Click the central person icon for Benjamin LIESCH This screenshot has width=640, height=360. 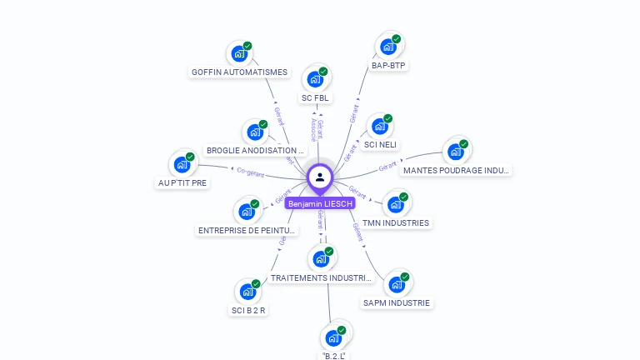[320, 177]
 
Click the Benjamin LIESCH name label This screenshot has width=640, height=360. [320, 203]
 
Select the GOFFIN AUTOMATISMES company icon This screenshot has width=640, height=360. [239, 54]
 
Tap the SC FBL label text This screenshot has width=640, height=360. [316, 98]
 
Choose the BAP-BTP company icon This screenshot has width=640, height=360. [388, 47]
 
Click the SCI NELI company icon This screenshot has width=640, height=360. [380, 127]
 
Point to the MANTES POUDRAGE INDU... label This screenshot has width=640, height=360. [455, 171]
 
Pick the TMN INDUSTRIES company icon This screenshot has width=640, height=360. [395, 204]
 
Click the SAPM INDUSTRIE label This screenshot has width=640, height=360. [397, 303]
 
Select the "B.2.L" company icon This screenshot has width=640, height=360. [333, 338]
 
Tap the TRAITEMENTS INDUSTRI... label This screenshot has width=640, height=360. [321, 277]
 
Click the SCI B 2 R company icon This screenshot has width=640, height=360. [247, 292]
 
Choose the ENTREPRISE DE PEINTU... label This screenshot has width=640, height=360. [247, 231]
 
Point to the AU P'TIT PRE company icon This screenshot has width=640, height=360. [182, 165]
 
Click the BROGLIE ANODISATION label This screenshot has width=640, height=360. [251, 151]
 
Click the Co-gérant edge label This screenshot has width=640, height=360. [250, 172]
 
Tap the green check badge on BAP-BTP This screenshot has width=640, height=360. [397, 38]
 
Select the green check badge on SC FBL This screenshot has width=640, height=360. [323, 71]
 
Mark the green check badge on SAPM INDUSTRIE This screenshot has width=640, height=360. [405, 277]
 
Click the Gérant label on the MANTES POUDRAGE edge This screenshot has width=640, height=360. [387, 167]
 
